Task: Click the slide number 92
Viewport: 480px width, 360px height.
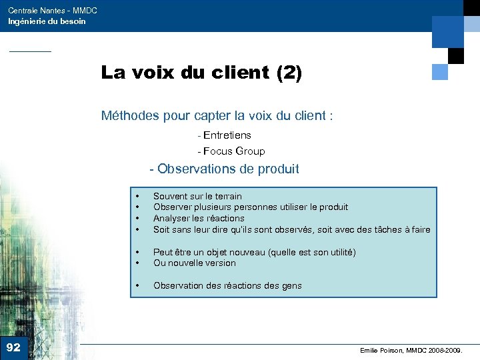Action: (x=13, y=347)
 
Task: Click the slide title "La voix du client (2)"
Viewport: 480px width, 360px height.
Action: (x=201, y=73)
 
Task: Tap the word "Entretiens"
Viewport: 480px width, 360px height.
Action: (x=228, y=135)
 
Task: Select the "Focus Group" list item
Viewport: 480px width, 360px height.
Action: (x=234, y=151)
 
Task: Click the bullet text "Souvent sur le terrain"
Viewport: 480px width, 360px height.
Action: (x=197, y=196)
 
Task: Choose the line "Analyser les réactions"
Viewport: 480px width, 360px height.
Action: (x=199, y=218)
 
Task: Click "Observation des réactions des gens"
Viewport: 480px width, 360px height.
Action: (x=227, y=285)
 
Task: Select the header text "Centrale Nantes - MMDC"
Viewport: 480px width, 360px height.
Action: (x=53, y=11)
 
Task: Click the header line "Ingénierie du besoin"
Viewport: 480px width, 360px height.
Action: (x=47, y=21)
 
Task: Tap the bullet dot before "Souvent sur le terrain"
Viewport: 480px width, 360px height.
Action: (x=137, y=197)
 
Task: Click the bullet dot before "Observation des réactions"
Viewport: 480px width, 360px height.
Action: (x=137, y=286)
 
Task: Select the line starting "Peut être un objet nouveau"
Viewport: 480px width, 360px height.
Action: (x=254, y=252)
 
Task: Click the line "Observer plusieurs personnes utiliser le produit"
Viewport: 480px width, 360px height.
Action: (x=251, y=207)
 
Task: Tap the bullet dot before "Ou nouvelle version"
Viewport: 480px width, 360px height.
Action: (x=137, y=263)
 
